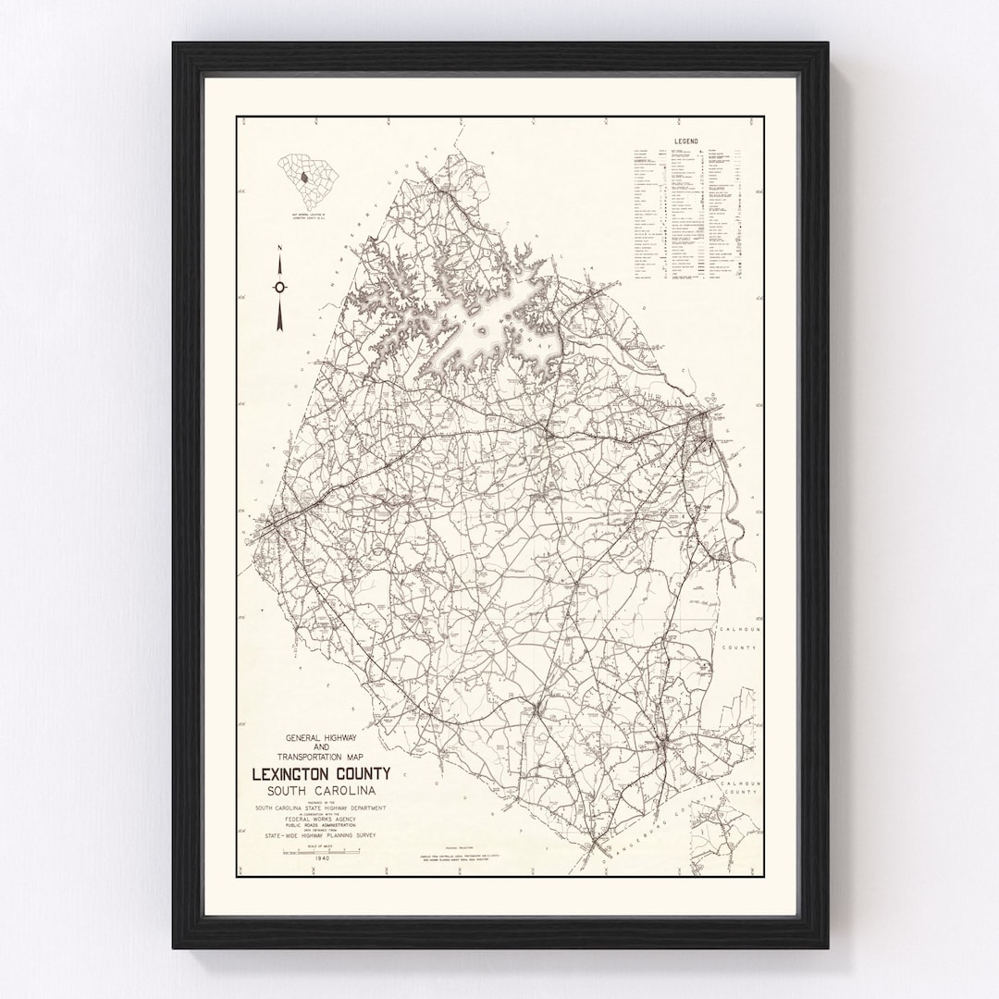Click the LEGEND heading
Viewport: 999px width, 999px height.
(686, 142)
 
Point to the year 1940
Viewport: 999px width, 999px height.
(322, 858)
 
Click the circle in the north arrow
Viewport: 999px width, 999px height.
(279, 287)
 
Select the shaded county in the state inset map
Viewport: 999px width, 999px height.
(302, 177)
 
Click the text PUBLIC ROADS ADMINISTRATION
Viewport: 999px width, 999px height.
(321, 826)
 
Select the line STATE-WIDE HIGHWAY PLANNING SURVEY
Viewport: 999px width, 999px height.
(321, 838)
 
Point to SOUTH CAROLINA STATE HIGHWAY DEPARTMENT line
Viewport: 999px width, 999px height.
(321, 808)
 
